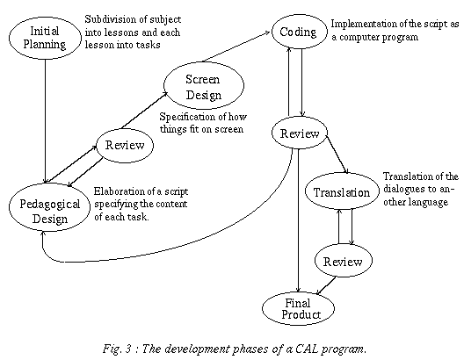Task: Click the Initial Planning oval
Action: (45, 38)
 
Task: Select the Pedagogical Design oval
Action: (49, 207)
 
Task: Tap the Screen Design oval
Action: (204, 85)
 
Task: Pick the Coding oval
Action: (300, 32)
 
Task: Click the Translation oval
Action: (342, 191)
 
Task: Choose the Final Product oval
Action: (298, 308)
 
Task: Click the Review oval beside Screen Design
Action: (125, 145)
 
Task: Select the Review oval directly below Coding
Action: (300, 133)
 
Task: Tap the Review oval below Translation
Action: (343, 261)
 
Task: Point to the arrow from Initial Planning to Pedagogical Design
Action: (46, 121)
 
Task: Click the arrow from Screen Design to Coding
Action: (236, 47)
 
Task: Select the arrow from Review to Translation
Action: (337, 155)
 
